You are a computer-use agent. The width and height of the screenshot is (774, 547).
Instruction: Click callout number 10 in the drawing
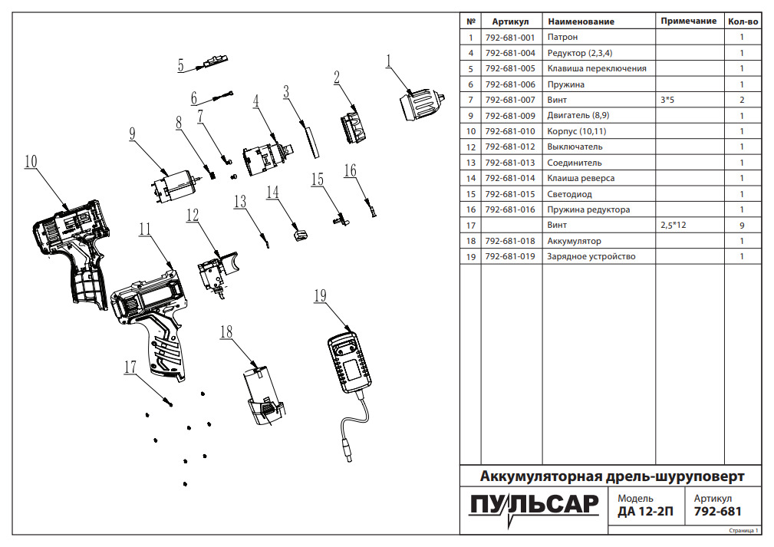(31, 161)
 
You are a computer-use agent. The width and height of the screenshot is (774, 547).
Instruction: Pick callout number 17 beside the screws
(130, 367)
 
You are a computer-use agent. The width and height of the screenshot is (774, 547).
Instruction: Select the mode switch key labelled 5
(215, 61)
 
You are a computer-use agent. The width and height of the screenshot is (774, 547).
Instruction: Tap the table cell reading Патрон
(562, 37)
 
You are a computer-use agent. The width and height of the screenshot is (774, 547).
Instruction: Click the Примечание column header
(688, 21)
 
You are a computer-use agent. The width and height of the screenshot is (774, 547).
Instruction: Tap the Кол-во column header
(742, 21)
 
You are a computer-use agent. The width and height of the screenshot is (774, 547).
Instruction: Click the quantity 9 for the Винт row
(742, 226)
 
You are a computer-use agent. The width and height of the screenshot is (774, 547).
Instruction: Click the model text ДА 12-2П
(645, 512)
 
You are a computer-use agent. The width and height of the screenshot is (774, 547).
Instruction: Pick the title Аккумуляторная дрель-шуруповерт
(611, 476)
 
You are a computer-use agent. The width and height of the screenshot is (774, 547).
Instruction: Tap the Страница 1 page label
(743, 530)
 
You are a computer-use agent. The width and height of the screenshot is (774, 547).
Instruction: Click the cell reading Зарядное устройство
(591, 256)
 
